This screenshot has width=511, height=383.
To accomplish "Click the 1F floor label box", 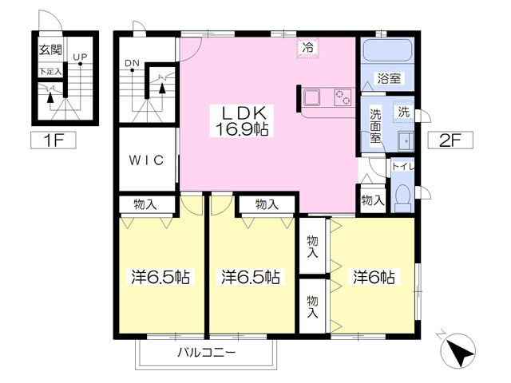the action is click(x=53, y=140).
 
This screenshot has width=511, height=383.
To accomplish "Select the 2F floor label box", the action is click(x=450, y=140).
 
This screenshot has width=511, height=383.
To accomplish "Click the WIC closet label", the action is click(x=147, y=160).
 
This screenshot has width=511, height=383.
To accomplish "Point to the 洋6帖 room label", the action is click(x=374, y=278).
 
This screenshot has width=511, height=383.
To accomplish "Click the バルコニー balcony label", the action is click(x=206, y=353).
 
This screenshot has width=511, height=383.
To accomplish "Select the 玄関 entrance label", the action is click(x=50, y=49).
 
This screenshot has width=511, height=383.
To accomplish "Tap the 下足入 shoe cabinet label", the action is click(x=50, y=71).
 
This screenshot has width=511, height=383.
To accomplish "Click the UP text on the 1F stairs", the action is click(x=80, y=57).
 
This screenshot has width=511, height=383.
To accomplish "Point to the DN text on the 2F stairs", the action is click(x=133, y=63).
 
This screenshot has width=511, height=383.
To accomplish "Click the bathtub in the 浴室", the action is click(x=387, y=50).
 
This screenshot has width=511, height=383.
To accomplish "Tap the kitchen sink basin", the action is click(x=311, y=97).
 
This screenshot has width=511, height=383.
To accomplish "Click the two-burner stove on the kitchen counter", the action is click(x=343, y=97).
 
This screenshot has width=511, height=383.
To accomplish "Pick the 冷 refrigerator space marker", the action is click(x=307, y=48).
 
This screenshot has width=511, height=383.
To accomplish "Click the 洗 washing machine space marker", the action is click(x=403, y=112).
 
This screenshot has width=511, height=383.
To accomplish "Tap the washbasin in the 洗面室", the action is click(x=406, y=141).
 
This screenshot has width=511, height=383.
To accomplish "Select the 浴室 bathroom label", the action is click(x=389, y=78).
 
